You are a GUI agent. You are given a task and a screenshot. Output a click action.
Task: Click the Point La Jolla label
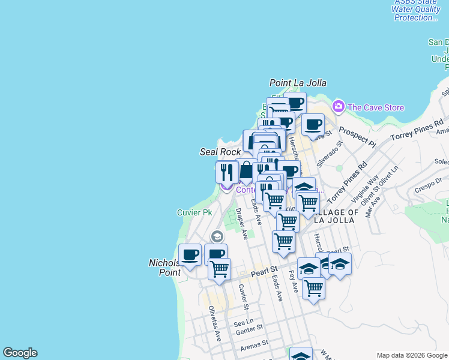pos(296,83)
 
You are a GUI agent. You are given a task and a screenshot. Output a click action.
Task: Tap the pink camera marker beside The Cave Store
pos(339,107)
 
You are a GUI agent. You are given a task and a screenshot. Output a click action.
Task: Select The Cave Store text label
pos(376,107)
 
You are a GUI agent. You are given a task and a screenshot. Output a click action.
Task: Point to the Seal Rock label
pos(220,152)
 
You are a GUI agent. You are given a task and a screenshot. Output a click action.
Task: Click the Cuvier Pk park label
pos(194,213)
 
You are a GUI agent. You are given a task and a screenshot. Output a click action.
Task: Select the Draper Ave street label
pos(242,223)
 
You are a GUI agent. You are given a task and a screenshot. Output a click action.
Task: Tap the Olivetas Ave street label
pos(214,323)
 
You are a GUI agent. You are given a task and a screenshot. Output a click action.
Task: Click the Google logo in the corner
pos(20,353)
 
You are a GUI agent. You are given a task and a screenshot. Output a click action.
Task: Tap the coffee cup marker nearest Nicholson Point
pos(190,255)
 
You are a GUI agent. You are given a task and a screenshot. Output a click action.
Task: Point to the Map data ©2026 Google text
pos(412,355)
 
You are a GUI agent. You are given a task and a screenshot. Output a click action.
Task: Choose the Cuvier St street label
pos(243,293)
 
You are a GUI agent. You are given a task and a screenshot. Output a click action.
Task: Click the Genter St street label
pos(249,329)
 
